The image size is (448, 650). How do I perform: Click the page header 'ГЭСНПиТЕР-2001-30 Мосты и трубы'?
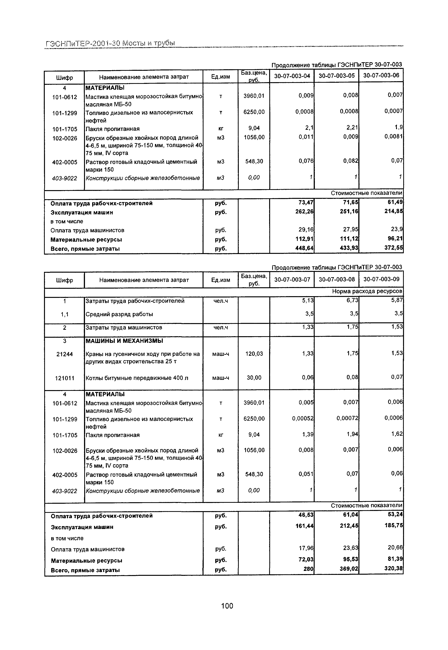coord(110,43)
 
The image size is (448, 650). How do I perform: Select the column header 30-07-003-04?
coord(292,76)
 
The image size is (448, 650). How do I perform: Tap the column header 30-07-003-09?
coord(381,279)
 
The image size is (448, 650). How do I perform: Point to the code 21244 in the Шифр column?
coord(64,354)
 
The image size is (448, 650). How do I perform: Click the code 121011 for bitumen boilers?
coord(64,378)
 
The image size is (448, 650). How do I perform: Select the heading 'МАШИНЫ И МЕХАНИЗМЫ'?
coord(124,341)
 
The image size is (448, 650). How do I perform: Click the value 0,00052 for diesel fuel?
coord(303,419)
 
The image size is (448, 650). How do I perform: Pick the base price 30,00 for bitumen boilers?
coord(254,378)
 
